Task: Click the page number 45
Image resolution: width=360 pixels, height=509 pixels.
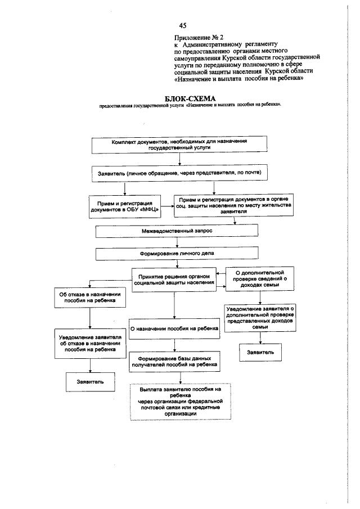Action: [x=183, y=26]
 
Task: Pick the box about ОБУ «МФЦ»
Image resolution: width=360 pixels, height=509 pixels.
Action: [x=124, y=206]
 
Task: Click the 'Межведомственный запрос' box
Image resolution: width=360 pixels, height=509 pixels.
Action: [x=177, y=231]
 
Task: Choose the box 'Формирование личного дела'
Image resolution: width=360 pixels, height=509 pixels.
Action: [x=177, y=254]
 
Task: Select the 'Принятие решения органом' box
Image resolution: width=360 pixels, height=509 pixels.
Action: [x=174, y=280]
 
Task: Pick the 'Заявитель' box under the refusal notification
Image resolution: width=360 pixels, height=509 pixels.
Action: [x=90, y=382]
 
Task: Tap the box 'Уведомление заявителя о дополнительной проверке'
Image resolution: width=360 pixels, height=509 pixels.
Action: [x=260, y=318]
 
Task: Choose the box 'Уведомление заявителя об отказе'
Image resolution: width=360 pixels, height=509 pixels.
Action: [x=90, y=344]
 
